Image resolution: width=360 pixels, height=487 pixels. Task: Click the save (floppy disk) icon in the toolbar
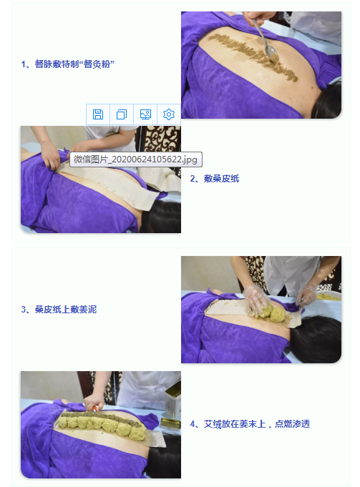(x=98, y=114)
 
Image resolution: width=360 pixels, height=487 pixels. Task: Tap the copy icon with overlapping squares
(x=122, y=114)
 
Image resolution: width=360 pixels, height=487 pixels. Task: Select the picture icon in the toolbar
(x=145, y=114)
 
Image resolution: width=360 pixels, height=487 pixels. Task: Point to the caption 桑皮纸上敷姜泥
(x=59, y=310)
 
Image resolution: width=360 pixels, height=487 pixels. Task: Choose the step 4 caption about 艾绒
(x=249, y=424)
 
